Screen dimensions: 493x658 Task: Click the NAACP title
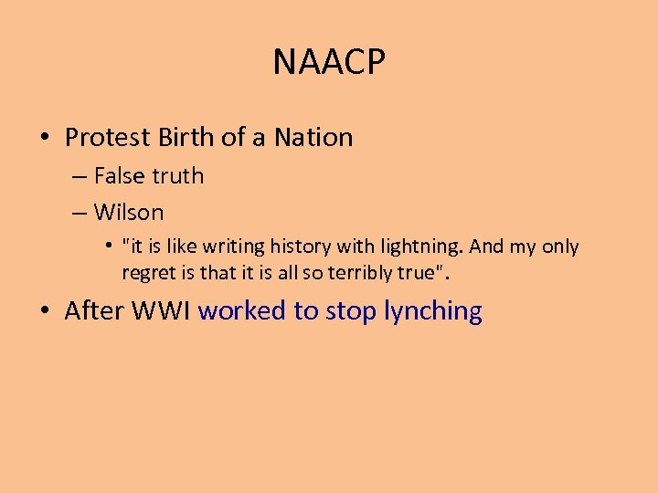coord(329,63)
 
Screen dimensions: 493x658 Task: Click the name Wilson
coord(129,213)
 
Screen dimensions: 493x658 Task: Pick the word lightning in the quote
coord(417,247)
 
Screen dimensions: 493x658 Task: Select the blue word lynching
coord(433,312)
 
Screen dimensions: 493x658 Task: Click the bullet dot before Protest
coord(45,139)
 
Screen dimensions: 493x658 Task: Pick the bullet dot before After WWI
coord(45,312)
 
